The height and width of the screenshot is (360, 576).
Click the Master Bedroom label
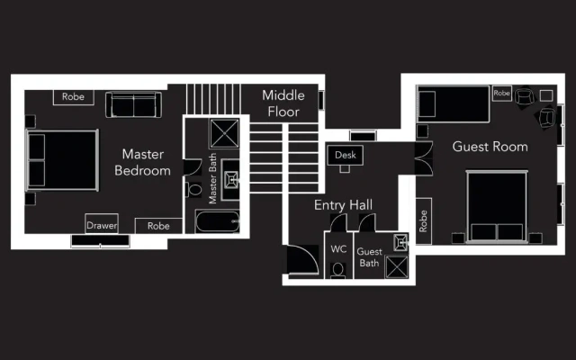click(142, 162)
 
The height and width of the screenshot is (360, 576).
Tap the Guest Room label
click(490, 147)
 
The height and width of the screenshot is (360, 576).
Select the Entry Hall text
click(343, 204)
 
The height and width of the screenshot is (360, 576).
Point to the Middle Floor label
click(283, 103)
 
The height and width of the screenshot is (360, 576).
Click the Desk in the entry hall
click(346, 155)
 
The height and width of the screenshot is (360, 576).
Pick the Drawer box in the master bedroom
click(102, 224)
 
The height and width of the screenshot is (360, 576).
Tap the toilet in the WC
click(337, 270)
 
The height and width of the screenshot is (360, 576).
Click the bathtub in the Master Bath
click(218, 221)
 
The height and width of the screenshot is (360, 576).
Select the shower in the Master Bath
click(224, 133)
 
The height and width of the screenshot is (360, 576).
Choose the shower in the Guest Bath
click(397, 267)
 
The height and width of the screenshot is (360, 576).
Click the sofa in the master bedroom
click(133, 104)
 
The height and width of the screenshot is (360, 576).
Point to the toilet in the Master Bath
click(193, 190)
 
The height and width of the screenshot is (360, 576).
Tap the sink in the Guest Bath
click(400, 242)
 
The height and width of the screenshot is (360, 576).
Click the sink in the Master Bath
click(231, 180)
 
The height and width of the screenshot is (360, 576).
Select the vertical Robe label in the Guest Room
click(423, 221)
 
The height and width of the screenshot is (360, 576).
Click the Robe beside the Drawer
click(158, 226)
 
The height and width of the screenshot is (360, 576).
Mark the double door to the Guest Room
click(424, 158)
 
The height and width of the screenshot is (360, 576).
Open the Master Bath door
click(193, 167)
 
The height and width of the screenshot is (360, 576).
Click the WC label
click(338, 249)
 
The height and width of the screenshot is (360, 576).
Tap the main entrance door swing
click(302, 259)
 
